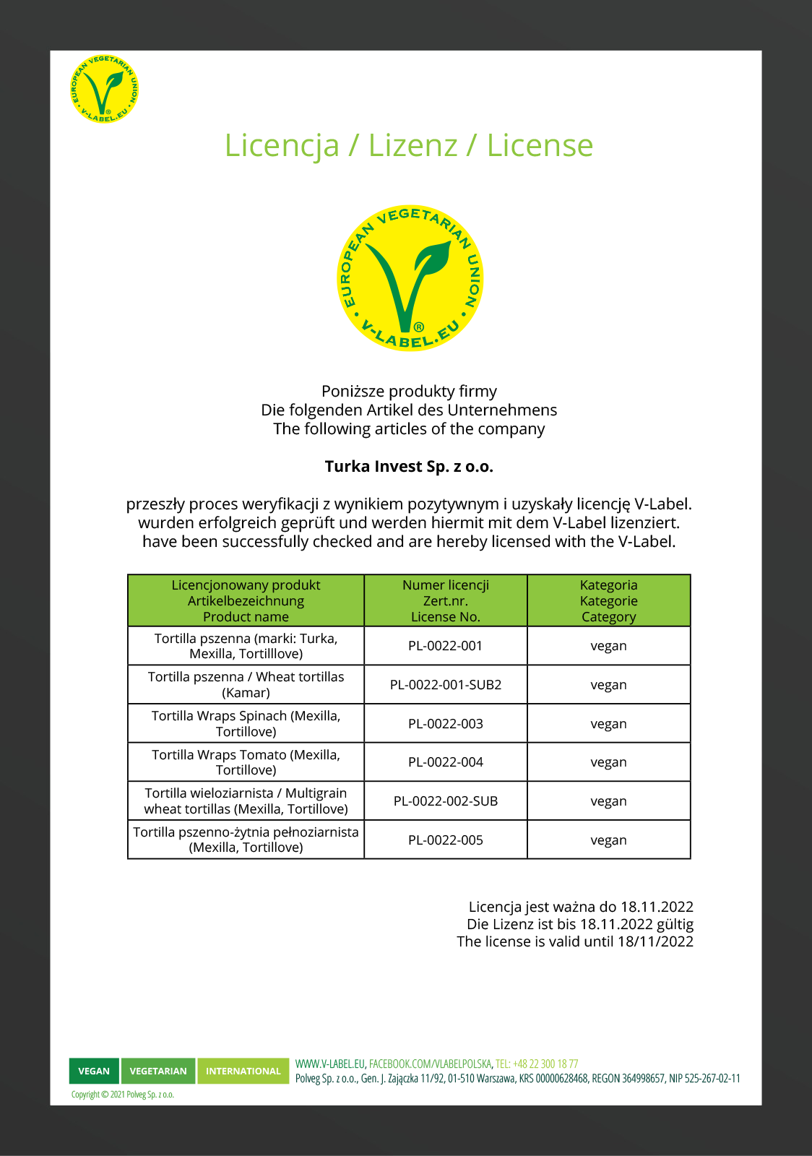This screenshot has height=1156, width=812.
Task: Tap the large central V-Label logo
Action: pos(410,278)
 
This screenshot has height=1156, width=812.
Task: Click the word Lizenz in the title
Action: pos(413,145)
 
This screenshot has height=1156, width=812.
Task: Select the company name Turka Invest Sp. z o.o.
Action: pos(409,466)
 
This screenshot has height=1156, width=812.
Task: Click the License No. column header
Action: pos(445,600)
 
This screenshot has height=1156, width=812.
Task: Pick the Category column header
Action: pos(608,600)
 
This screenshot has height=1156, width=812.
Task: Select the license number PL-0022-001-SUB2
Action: pos(445,685)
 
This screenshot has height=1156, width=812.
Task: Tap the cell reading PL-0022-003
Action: pos(445,724)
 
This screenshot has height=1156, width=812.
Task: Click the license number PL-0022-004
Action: pos(445,762)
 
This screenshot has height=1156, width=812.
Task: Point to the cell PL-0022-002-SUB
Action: pos(445,801)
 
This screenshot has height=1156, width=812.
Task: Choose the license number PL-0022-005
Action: pos(445,840)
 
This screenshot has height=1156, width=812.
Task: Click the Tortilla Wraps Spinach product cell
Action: pos(246,724)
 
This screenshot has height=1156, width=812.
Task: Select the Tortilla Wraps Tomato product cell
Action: pos(246,762)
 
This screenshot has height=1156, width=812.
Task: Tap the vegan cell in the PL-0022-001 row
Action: pos(608,646)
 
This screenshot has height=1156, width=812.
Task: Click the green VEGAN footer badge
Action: pos(94,1071)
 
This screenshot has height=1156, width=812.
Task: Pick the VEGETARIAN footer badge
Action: pos(158,1071)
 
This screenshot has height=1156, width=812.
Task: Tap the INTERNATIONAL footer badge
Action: pos(243,1071)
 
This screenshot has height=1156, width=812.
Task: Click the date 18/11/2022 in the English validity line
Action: pos(655,941)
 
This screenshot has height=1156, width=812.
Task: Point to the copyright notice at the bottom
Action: pos(123,1095)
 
